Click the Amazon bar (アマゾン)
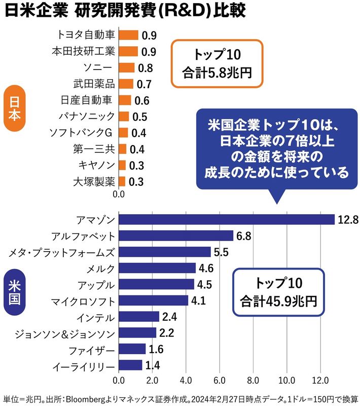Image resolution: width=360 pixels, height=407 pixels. coord(227,219)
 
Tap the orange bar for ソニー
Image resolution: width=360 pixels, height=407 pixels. coord(127,68)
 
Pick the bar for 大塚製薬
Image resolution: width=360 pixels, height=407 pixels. coord(122,181)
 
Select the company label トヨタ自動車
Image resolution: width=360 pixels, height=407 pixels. coord(86,35)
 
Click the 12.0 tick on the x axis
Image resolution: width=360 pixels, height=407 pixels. coord(320,380)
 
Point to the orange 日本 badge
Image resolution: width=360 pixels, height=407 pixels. coord(14,109)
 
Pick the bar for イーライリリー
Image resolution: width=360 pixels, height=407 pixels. coord(130,365)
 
